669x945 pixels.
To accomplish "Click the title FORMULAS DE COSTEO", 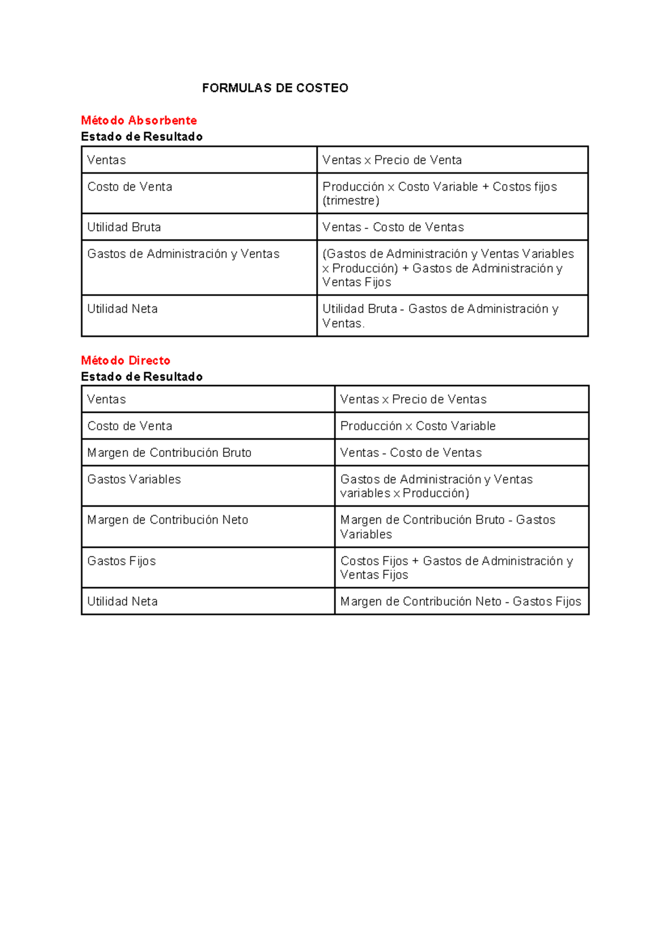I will click(275, 88).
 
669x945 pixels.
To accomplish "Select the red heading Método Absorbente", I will click(139, 120).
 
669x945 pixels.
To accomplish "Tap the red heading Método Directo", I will click(125, 361).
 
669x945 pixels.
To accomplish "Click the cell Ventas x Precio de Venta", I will click(392, 160).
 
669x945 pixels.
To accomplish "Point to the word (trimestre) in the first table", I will click(351, 201).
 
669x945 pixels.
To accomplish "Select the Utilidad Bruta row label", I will click(124, 227).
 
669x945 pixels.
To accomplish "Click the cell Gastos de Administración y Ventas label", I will click(183, 254).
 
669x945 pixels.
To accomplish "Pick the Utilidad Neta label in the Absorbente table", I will click(122, 309).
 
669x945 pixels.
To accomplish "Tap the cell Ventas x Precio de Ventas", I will click(413, 400).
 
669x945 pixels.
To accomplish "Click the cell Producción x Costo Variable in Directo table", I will click(418, 426).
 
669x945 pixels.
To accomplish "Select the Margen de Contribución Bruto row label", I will click(169, 453).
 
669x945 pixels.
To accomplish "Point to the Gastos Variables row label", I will click(134, 480).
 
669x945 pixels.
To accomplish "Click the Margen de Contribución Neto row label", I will click(167, 520).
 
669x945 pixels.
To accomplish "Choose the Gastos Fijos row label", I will click(122, 561).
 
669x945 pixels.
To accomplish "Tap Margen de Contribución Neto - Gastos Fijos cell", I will click(460, 602).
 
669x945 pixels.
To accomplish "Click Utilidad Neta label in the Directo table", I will click(122, 602).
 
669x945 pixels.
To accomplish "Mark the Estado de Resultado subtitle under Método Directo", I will click(142, 377).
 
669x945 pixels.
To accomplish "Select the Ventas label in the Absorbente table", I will click(106, 160).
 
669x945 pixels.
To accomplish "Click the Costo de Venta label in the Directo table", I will click(129, 426).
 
